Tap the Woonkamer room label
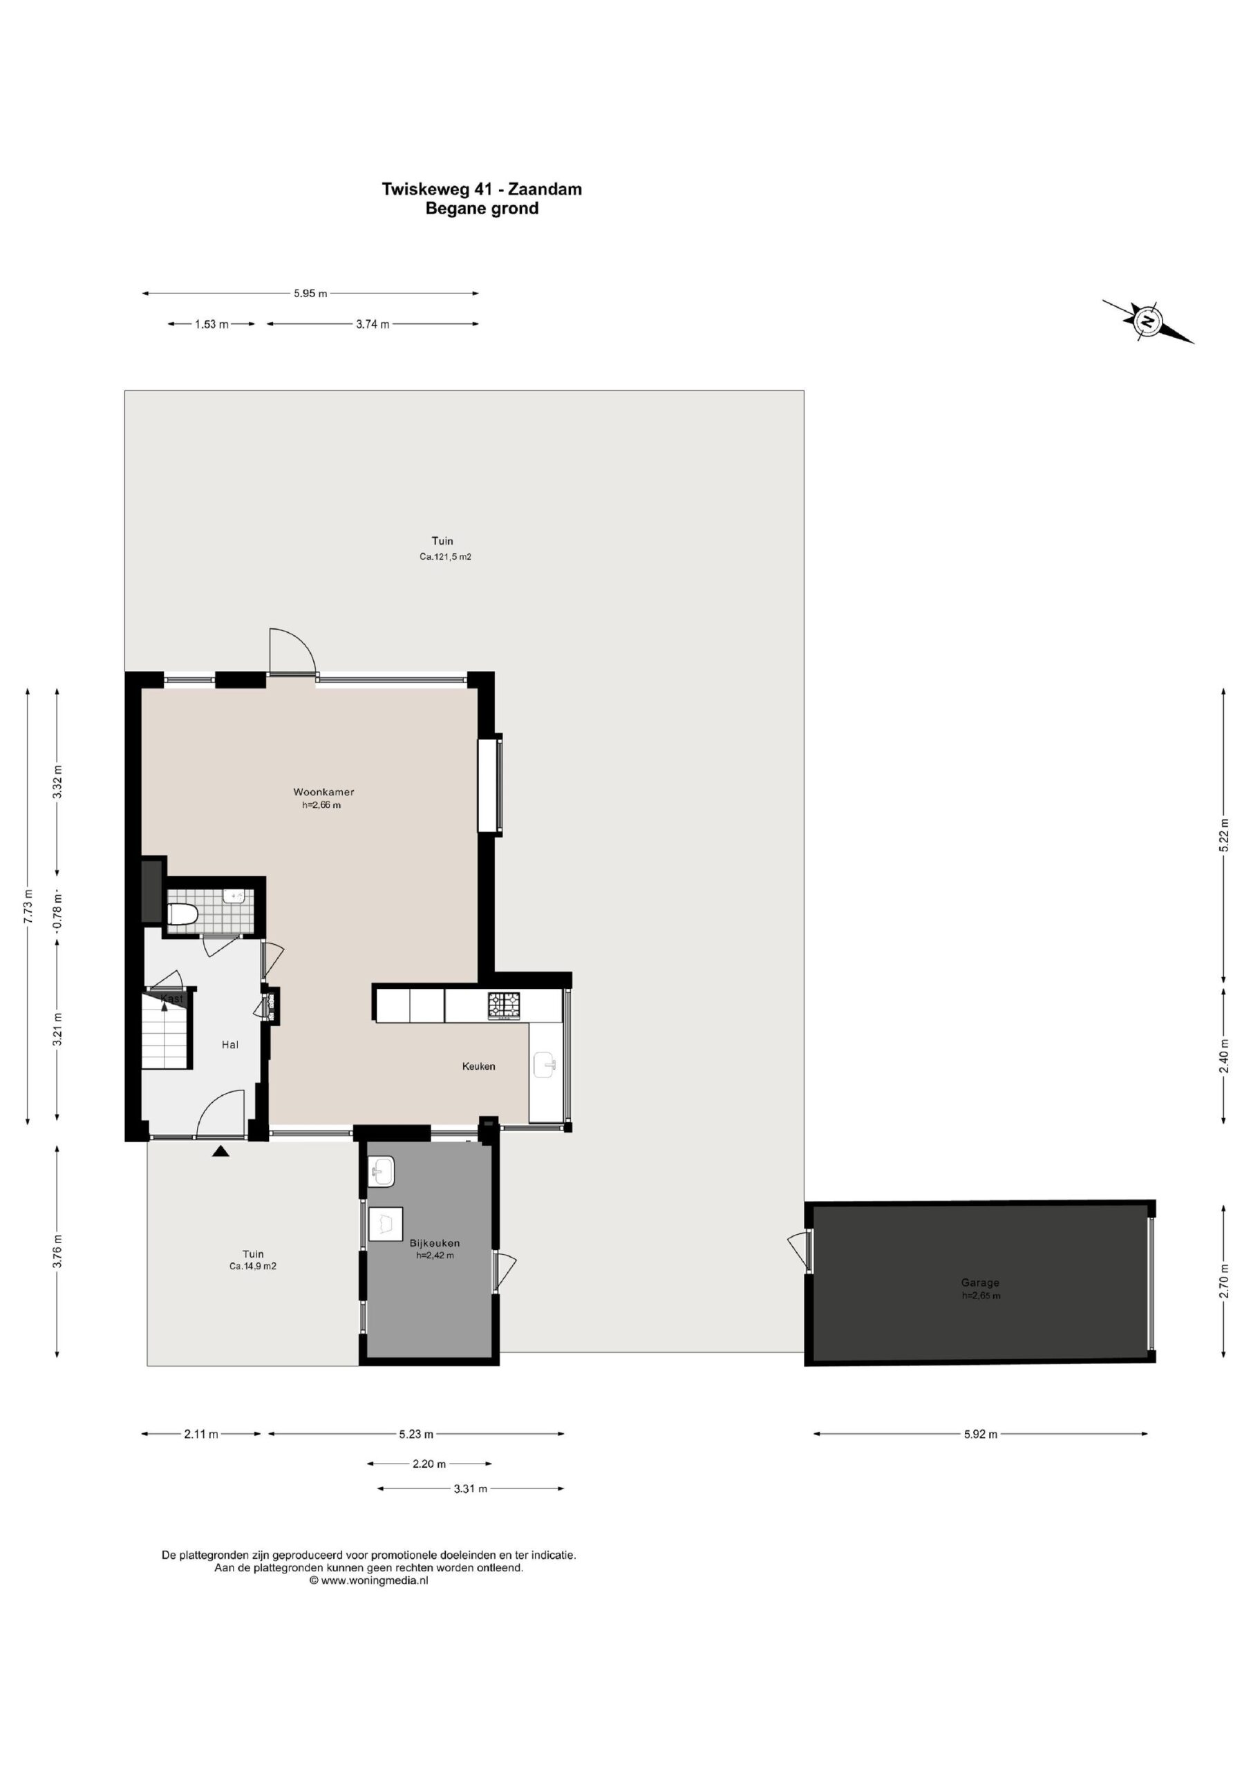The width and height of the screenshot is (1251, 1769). click(323, 791)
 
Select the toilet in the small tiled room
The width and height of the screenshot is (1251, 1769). click(183, 914)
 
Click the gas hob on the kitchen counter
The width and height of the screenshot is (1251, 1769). click(504, 1005)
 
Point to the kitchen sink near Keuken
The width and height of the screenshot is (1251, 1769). click(545, 1066)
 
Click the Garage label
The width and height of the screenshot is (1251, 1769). click(981, 1283)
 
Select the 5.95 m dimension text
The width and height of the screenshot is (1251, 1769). click(310, 294)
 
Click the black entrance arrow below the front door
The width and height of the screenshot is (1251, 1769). click(221, 1151)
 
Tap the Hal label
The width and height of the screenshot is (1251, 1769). click(229, 1044)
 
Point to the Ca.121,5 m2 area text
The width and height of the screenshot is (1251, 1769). click(444, 556)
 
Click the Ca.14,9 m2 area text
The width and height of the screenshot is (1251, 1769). click(253, 1266)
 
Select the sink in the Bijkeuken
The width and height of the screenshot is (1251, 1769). click(382, 1172)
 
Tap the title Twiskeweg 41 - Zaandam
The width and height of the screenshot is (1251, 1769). click(482, 189)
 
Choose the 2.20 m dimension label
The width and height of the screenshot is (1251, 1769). click(429, 1463)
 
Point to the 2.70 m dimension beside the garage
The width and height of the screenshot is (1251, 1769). click(1223, 1281)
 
